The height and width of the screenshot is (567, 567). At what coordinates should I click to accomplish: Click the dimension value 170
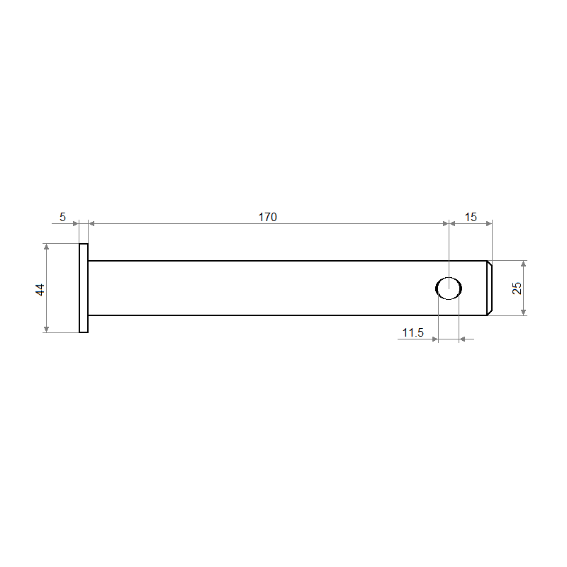(268, 217)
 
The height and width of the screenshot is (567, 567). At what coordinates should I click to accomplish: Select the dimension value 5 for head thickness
(62, 217)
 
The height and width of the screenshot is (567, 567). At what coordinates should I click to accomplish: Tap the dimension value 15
(471, 217)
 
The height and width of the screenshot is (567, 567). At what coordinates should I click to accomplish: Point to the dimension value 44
(40, 290)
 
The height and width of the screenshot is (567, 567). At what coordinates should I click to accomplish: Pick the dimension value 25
(517, 288)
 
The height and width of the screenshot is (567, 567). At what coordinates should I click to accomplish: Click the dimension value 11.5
(413, 332)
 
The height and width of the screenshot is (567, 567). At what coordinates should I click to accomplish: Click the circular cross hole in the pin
(449, 288)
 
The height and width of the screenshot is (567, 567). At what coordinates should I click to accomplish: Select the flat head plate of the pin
(84, 288)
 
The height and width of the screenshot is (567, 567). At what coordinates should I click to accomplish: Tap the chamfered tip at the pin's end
(489, 288)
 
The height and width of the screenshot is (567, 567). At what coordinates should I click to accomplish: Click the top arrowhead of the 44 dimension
(46, 247)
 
